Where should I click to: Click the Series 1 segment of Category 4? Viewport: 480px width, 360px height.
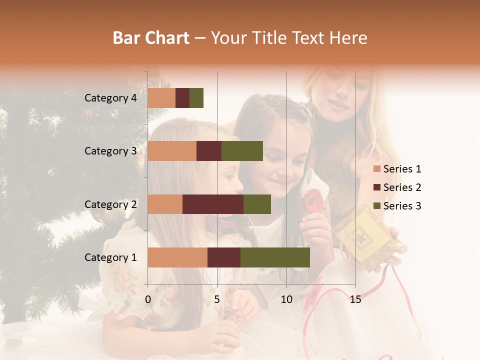161,98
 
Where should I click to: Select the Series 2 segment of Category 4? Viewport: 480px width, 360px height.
182,98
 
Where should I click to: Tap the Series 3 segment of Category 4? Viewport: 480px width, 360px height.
196,98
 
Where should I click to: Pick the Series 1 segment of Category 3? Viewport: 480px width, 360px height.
172,151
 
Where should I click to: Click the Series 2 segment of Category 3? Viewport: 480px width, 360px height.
209,151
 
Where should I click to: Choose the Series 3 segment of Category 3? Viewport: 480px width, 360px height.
242,151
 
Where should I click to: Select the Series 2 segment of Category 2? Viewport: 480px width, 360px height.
213,204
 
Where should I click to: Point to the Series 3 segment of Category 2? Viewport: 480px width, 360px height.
257,204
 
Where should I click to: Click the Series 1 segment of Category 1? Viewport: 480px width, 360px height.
177,257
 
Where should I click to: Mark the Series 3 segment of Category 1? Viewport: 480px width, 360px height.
275,257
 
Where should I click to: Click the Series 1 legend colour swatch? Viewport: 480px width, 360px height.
376,169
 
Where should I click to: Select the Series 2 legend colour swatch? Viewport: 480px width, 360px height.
376,187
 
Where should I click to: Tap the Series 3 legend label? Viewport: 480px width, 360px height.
402,206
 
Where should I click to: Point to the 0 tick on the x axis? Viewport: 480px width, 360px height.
148,299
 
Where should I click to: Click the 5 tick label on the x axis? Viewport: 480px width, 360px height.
217,299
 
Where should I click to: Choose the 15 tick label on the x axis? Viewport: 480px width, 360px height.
355,299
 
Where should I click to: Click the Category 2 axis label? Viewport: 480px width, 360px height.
110,204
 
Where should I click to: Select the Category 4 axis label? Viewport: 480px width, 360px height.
110,98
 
